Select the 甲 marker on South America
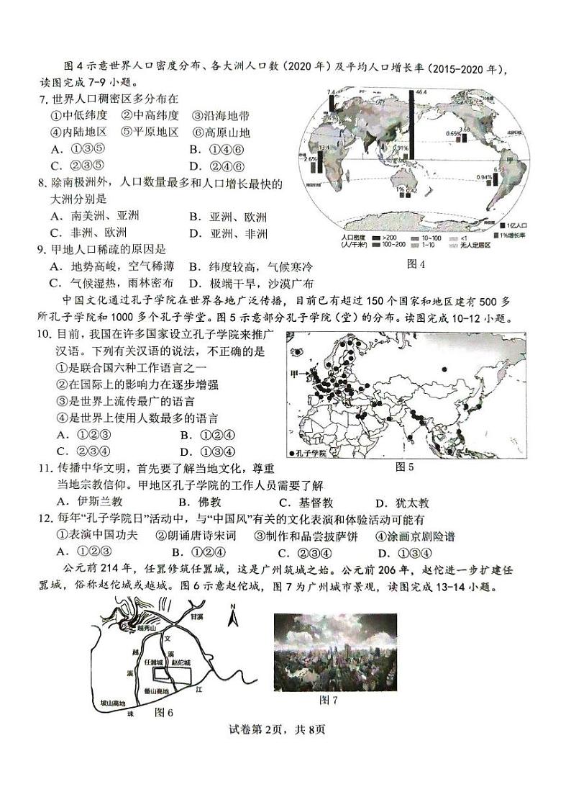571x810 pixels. tap(511, 160)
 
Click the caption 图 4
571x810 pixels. tap(416, 264)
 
